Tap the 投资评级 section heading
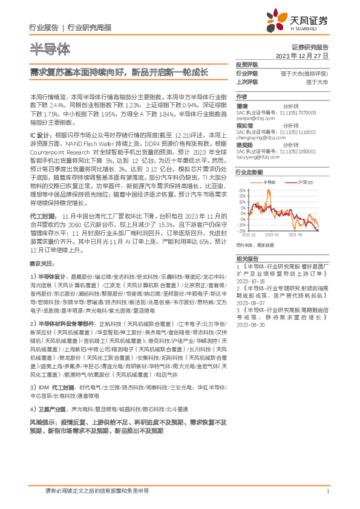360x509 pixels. pos(247,64)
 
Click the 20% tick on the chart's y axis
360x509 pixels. pos(241,190)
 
